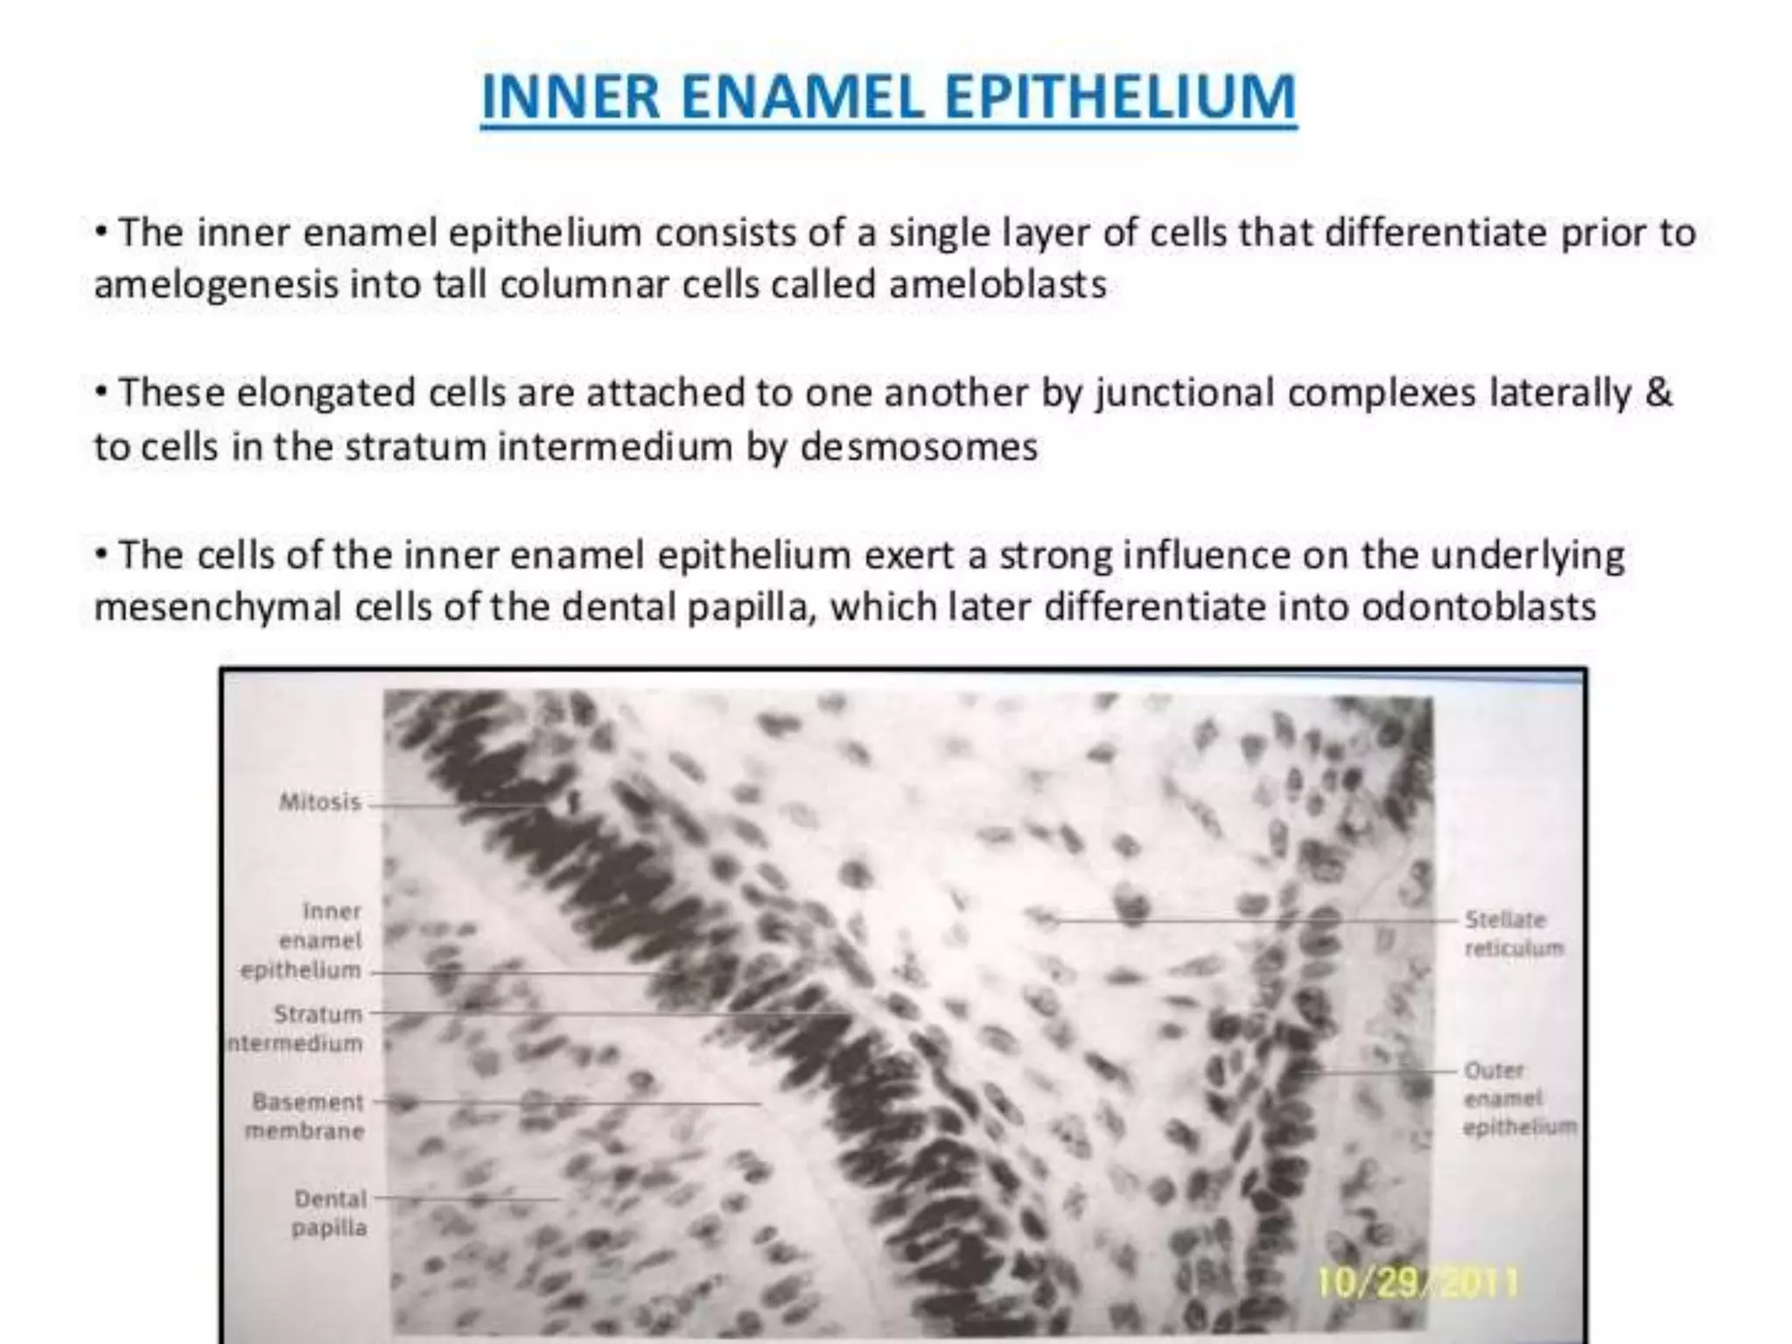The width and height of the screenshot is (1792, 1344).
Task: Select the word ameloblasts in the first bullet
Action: pyautogui.click(x=997, y=284)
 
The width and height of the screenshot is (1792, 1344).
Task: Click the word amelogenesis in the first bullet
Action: pyautogui.click(x=215, y=284)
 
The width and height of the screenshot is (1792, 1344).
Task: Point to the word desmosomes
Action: pyautogui.click(x=918, y=446)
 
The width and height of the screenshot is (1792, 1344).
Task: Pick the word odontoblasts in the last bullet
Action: pyautogui.click(x=1479, y=606)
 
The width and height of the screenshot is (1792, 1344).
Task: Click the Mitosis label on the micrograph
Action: pyautogui.click(x=319, y=801)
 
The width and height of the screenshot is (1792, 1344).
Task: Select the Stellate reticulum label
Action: pyautogui.click(x=1512, y=934)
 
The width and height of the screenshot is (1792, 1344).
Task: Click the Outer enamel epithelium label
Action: pyautogui.click(x=1518, y=1098)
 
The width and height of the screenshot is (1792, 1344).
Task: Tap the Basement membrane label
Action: pyautogui.click(x=305, y=1116)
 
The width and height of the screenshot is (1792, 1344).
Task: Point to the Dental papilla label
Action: pyautogui.click(x=330, y=1213)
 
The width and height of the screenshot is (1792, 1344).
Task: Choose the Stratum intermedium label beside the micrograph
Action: pyautogui.click(x=297, y=1028)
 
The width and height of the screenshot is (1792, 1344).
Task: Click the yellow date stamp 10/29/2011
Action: pyautogui.click(x=1417, y=1283)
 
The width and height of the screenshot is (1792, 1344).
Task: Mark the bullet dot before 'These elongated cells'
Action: pyautogui.click(x=102, y=392)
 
